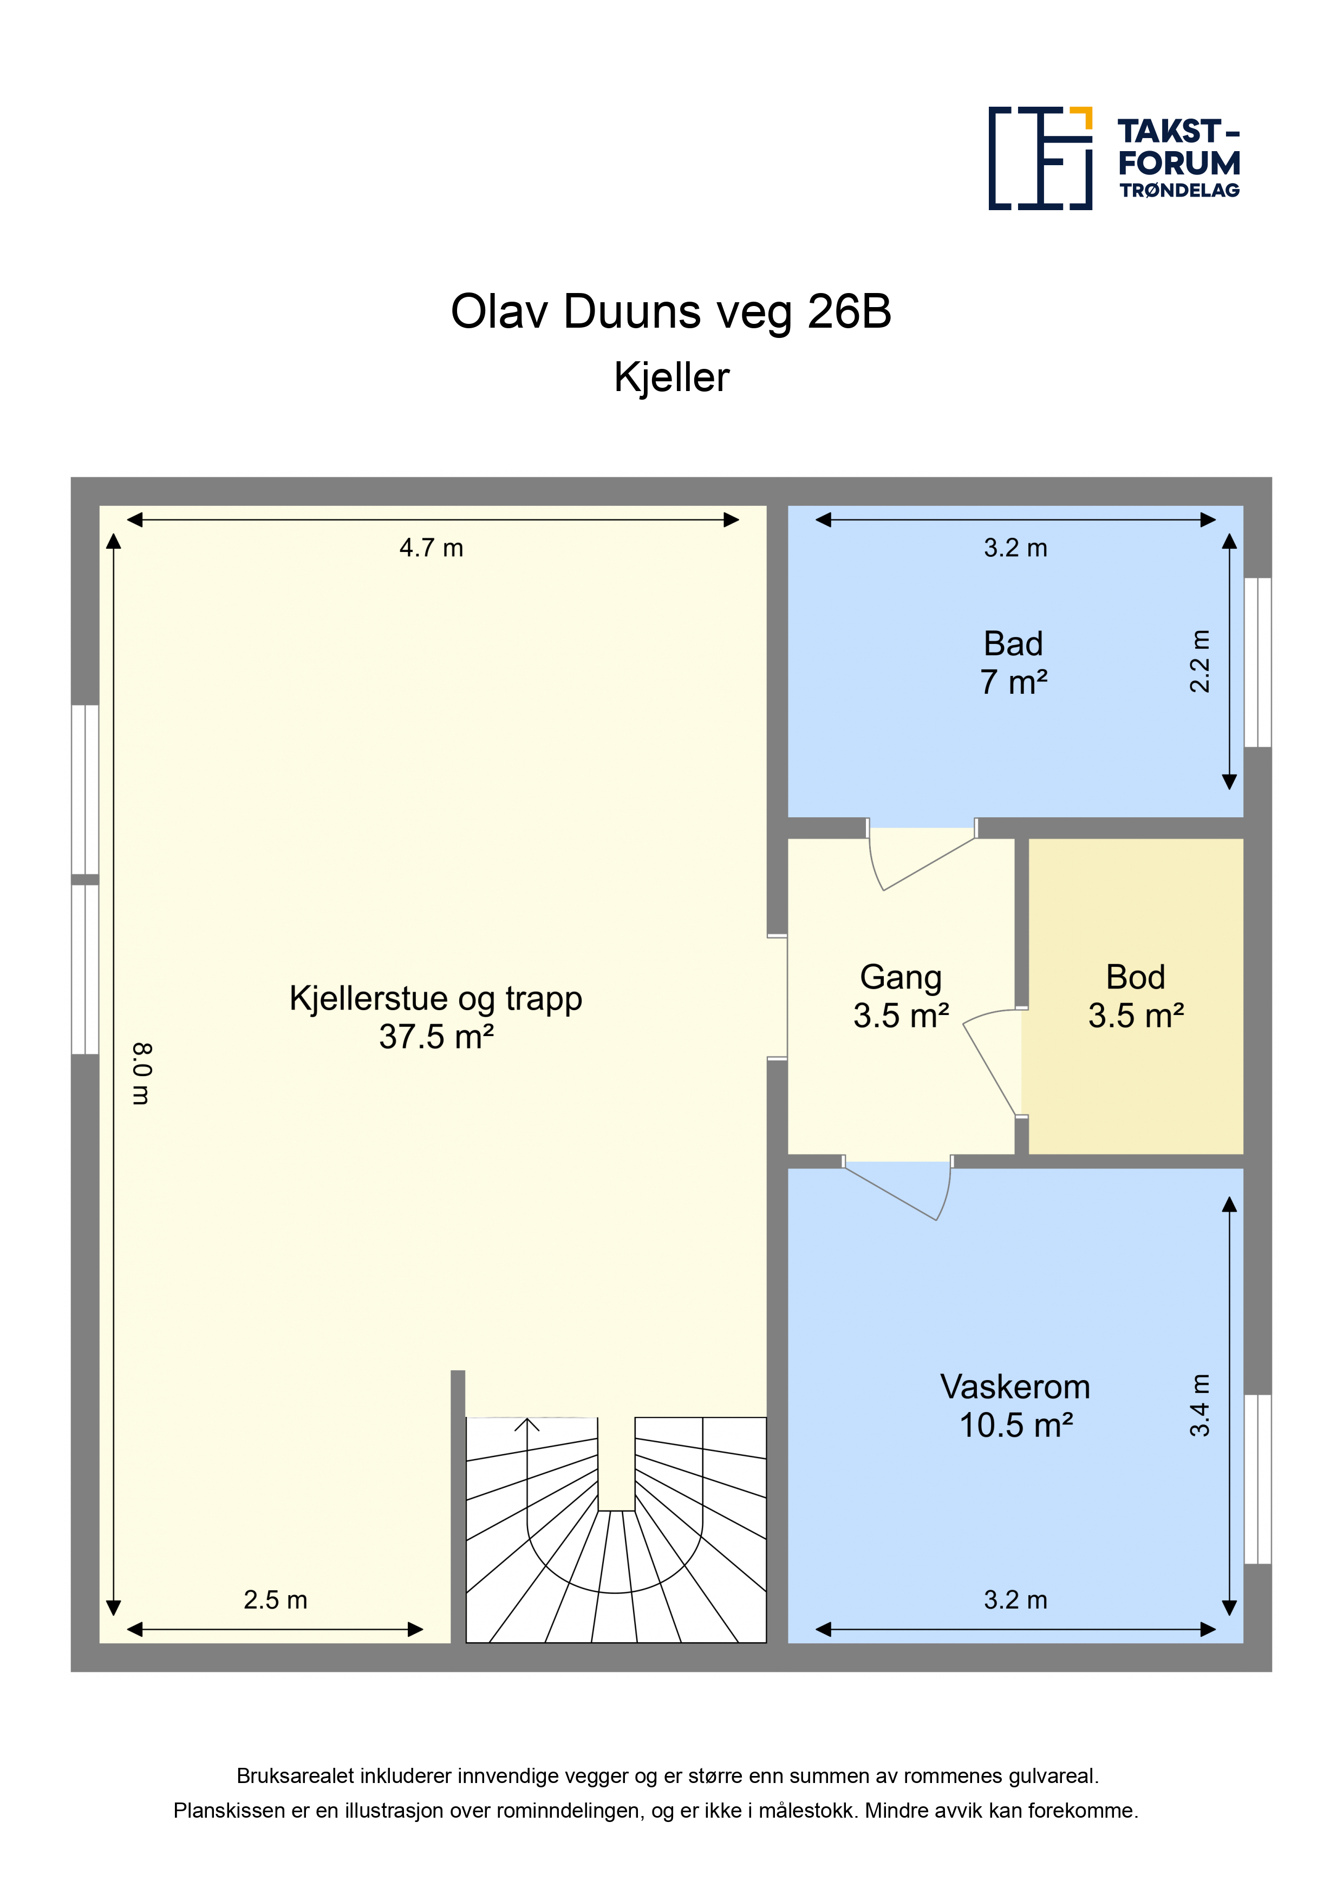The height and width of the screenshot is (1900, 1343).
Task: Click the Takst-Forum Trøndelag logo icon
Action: [x=1040, y=158]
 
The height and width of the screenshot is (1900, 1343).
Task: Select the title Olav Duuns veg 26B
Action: [x=671, y=312]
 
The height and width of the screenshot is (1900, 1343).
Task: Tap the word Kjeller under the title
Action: [x=671, y=378]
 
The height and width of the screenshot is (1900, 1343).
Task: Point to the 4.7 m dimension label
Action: [x=431, y=548]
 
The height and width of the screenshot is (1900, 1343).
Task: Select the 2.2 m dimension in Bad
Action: [x=1200, y=661]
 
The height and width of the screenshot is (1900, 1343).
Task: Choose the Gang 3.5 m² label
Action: [x=901, y=997]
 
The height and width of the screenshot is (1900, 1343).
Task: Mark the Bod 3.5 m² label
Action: [x=1136, y=997]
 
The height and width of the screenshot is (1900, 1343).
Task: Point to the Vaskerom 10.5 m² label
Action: [x=1015, y=1406]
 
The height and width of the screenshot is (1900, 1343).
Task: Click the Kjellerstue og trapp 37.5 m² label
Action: [x=436, y=1017]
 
